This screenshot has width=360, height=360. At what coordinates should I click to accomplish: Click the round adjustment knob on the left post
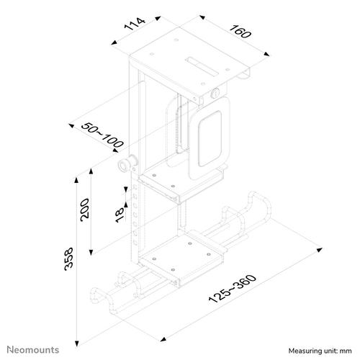pyautogui.click(x=125, y=166)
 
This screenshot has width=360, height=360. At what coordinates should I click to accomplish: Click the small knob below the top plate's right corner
pyautogui.click(x=217, y=94)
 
